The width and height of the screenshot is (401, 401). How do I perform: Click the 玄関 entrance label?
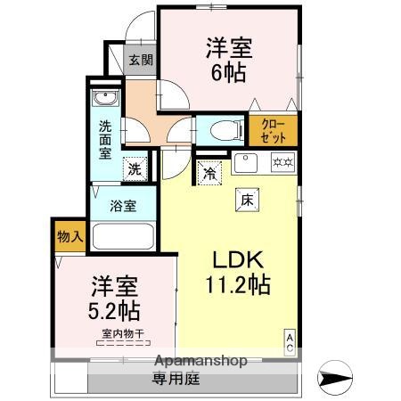coord(140,61)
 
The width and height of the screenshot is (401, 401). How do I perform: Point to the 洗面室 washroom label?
coord(104,140)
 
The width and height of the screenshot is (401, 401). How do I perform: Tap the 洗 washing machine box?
coord(134,168)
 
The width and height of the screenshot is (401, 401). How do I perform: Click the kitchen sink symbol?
coord(247,163)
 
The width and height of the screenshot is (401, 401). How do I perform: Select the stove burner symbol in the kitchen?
coord(283,163)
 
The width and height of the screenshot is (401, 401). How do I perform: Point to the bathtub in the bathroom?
coord(123,238)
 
